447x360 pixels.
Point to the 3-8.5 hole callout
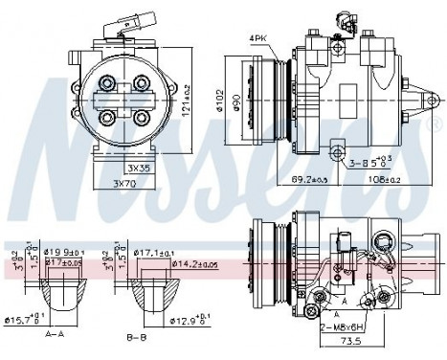pyautogui.click(x=369, y=163)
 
